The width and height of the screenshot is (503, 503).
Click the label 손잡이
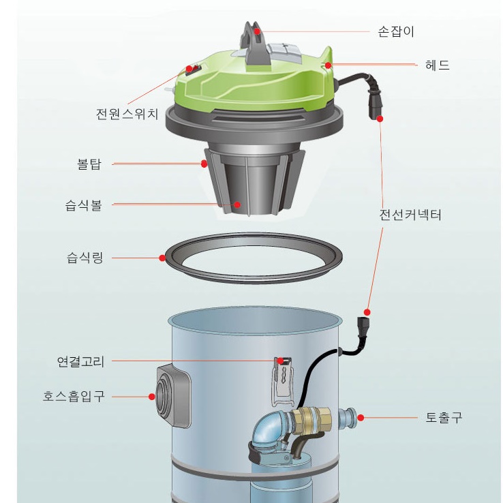(396, 32)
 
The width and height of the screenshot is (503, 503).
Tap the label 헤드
(438, 65)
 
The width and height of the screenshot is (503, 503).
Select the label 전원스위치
(127, 114)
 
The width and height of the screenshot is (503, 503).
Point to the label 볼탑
(89, 164)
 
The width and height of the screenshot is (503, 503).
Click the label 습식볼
(83, 205)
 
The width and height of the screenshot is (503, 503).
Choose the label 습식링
(85, 258)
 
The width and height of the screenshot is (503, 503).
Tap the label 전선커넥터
(410, 215)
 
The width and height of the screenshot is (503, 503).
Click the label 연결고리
(80, 361)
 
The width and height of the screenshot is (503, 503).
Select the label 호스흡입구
(74, 397)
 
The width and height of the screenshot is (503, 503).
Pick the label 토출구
(444, 417)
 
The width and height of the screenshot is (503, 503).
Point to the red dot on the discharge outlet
(361, 418)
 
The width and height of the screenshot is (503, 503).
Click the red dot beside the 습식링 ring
(162, 258)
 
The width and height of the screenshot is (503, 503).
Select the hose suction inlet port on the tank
(172, 396)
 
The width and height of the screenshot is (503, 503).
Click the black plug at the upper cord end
(375, 105)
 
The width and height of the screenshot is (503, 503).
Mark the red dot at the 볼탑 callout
(204, 164)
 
